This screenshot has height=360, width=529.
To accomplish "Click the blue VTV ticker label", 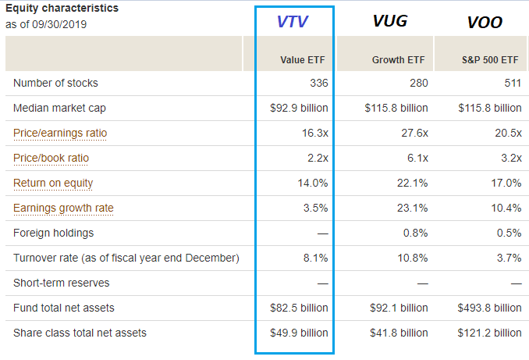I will click(294, 22).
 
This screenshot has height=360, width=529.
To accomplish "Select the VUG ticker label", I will click(390, 20).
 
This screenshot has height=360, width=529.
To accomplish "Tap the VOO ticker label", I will click(484, 22).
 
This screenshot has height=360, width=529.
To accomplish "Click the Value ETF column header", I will click(304, 59).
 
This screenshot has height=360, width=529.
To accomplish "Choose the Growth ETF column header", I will click(399, 59).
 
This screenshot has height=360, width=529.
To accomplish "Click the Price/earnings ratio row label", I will click(60, 133).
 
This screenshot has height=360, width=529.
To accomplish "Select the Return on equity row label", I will click(53, 183).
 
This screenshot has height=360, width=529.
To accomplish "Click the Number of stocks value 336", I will click(319, 83).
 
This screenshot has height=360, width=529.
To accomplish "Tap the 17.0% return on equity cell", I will click(506, 183).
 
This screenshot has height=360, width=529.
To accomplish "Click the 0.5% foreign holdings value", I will click(509, 233).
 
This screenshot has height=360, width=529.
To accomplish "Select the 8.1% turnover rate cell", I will click(315, 258).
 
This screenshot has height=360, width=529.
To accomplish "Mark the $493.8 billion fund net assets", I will click(489, 308).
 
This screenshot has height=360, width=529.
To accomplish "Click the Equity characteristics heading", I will click(62, 8).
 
